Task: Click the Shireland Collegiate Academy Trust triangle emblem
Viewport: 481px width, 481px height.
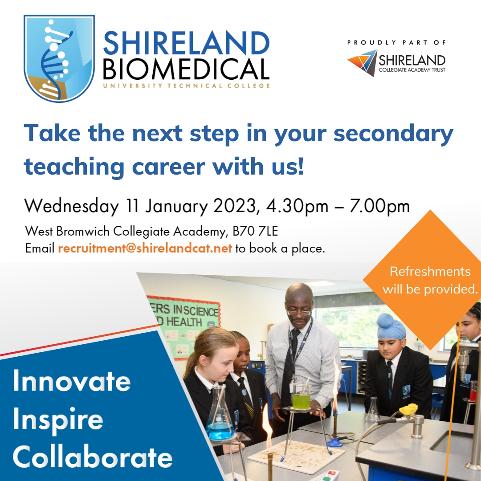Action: pyautogui.click(x=362, y=62)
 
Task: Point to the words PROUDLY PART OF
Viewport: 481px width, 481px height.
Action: pyautogui.click(x=396, y=43)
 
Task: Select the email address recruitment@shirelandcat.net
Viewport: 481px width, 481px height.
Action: pyautogui.click(x=145, y=248)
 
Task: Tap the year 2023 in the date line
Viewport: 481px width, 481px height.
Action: pyautogui.click(x=235, y=206)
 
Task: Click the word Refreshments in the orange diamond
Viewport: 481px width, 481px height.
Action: pyautogui.click(x=430, y=271)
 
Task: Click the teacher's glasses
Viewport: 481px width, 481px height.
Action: pyautogui.click(x=299, y=313)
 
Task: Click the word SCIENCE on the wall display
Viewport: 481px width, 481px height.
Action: pyautogui.click(x=202, y=311)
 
